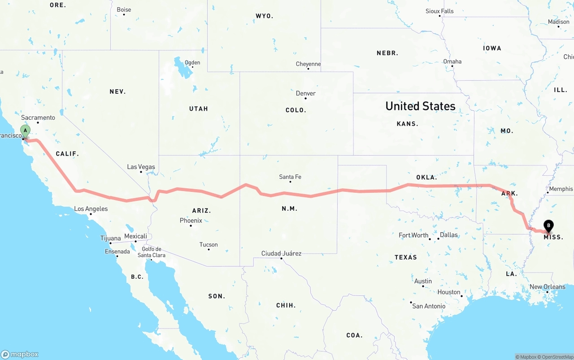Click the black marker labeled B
click(548, 226)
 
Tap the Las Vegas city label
click(141, 167)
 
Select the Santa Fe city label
click(290, 177)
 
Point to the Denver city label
click(306, 93)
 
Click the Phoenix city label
click(191, 220)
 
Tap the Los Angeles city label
click(91, 208)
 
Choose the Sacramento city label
click(38, 117)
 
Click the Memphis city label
click(561, 189)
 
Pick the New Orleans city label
click(548, 286)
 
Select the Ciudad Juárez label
click(281, 253)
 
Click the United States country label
click(420, 106)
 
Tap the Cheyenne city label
click(308, 64)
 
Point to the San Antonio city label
click(429, 306)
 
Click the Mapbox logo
click(20, 354)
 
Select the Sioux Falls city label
click(439, 11)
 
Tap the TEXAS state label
click(406, 257)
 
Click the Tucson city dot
click(209, 249)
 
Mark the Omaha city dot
click(452, 66)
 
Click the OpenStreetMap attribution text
click(556, 357)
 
